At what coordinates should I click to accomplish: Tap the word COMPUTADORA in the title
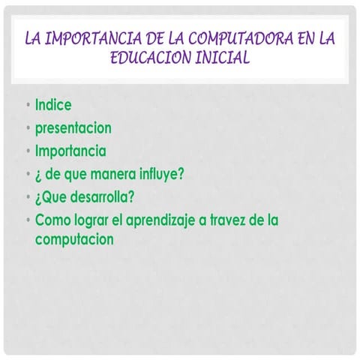(225, 37)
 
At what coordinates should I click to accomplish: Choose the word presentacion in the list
(73, 128)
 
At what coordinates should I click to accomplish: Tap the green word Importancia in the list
(70, 151)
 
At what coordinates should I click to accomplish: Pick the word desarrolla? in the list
(102, 197)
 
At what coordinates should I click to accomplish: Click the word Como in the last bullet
(51, 220)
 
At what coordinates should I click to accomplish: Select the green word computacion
(74, 240)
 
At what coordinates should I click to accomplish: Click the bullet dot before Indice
(27, 106)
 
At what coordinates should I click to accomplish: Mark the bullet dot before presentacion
(27, 128)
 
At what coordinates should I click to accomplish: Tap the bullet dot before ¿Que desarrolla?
(27, 197)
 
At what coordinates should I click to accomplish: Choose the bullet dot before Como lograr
(27, 220)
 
